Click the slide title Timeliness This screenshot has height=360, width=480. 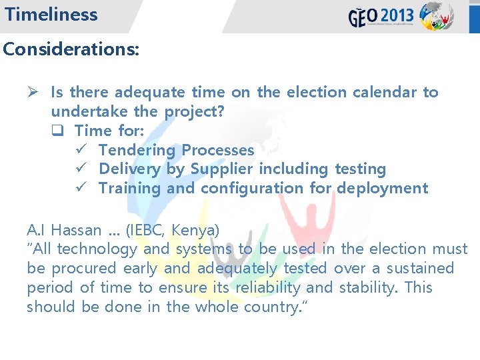pyautogui.click(x=51, y=15)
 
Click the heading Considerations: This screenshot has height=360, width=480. pyautogui.click(x=71, y=49)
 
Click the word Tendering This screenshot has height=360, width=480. pyautogui.click(x=137, y=151)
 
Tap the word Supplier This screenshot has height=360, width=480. pyautogui.click(x=223, y=169)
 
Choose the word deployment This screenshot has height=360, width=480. pyautogui.click(x=383, y=189)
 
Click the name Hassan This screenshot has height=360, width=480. pyautogui.click(x=76, y=231)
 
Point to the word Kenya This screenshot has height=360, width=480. pyautogui.click(x=195, y=231)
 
